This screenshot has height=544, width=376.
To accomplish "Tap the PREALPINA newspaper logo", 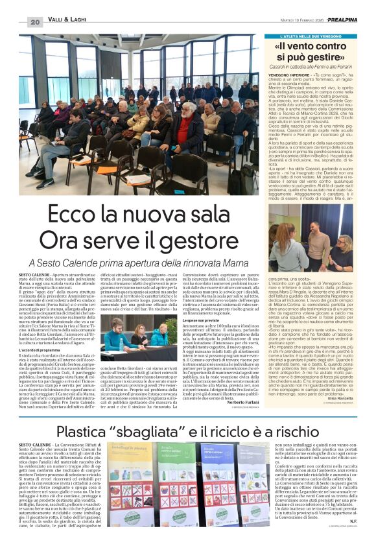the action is point(347,20).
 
